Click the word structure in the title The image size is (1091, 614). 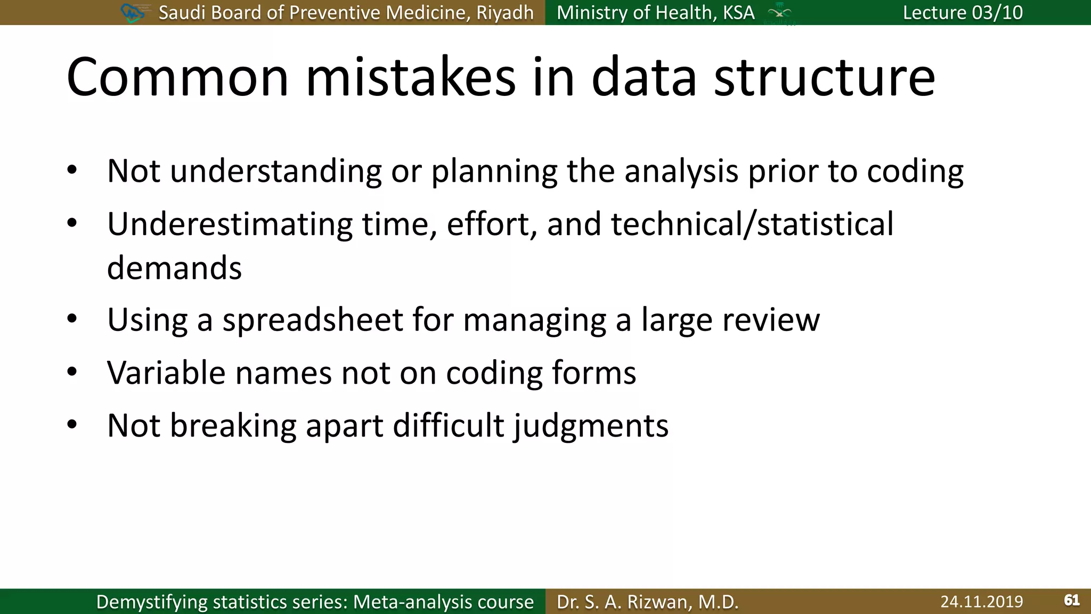coord(824,78)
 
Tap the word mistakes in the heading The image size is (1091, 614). coord(411,78)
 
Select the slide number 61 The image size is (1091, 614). coord(1071,600)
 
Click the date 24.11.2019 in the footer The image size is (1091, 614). coord(981,601)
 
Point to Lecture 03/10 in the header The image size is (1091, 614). coord(963,12)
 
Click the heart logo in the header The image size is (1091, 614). coord(132,13)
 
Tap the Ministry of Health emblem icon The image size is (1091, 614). coord(779,13)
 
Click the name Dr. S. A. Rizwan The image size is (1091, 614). coord(647,601)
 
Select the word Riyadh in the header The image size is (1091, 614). coord(504,12)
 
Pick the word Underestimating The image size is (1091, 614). coord(230,224)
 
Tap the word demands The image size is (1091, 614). coord(174,268)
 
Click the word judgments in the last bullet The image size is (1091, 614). coord(591,426)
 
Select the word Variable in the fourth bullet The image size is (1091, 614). coord(166,372)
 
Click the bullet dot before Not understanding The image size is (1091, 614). coord(72,171)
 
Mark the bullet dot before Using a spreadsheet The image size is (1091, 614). coord(72,319)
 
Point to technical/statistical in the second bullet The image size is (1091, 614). coord(752,224)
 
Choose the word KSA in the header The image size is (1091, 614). coord(738,12)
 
